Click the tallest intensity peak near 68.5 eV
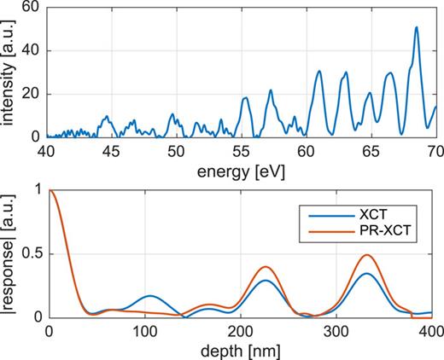pos(417,27)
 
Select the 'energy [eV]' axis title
pos(242,171)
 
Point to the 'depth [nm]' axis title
pos(242,351)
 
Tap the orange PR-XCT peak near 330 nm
pos(367,255)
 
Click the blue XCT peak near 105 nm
pos(149,295)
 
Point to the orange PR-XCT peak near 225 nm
pos(266,266)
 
